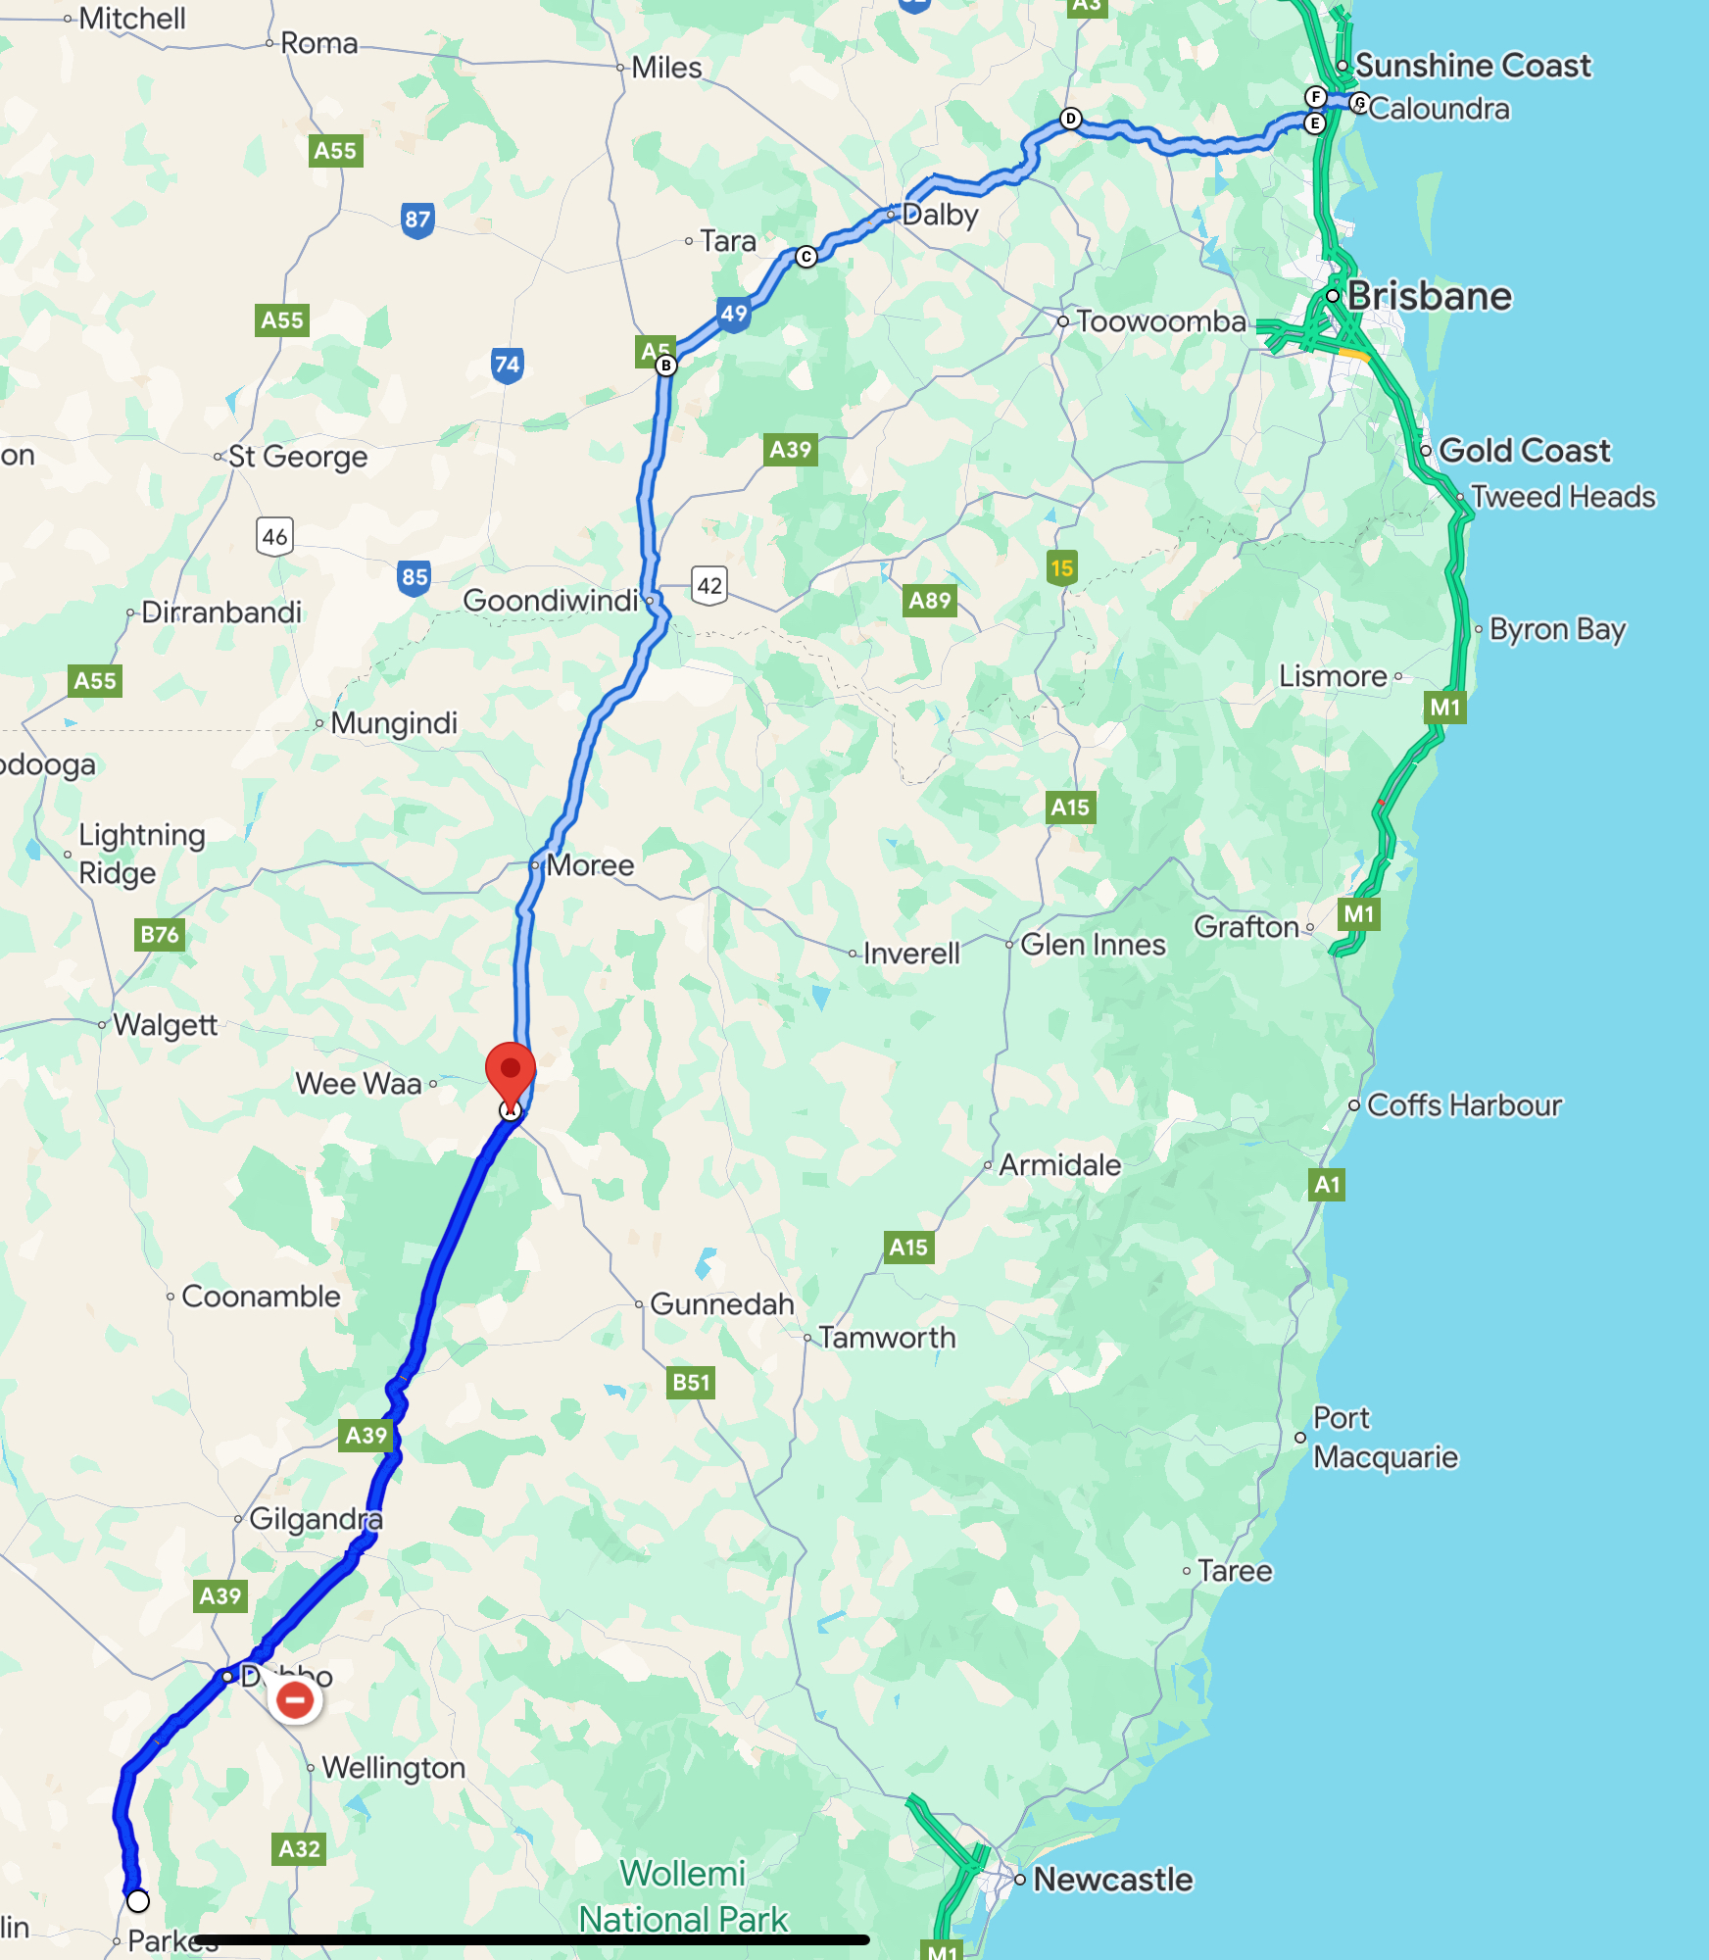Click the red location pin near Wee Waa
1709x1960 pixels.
511,1070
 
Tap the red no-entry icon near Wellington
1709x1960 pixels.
295,1699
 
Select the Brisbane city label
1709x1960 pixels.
1429,296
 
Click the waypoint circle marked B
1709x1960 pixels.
666,366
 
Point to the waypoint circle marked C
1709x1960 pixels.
806,257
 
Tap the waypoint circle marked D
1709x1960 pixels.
1071,119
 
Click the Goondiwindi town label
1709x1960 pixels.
551,600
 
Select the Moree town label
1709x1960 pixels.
590,865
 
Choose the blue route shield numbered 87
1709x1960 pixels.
417,220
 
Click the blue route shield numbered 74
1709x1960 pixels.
507,366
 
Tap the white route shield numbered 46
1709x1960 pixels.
275,536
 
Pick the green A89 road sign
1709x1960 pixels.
930,600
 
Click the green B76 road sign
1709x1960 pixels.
160,934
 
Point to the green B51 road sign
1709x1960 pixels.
691,1382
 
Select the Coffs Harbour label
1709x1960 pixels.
1464,1105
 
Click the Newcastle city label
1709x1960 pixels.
1113,1880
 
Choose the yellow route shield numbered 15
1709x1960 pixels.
1061,568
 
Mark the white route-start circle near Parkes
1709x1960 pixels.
138,1901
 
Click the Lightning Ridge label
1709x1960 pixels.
142,854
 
